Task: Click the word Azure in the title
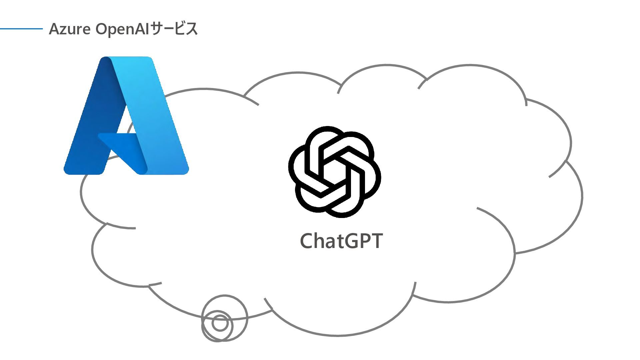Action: pos(69,29)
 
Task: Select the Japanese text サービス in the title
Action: pos(174,29)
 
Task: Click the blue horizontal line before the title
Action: pos(21,29)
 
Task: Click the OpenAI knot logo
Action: pos(334,172)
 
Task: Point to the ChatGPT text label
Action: pos(341,241)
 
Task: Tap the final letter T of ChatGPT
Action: pos(376,241)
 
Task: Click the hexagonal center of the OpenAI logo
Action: pos(334,172)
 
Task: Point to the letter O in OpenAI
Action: pos(102,29)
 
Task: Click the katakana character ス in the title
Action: pos(192,29)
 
